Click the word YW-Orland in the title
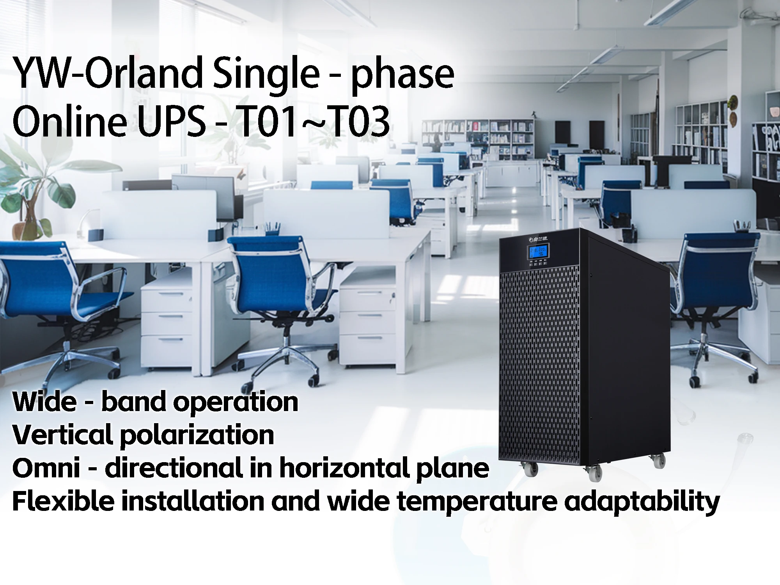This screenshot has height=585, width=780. click(105, 73)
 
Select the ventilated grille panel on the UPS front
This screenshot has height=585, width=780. click(546, 363)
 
